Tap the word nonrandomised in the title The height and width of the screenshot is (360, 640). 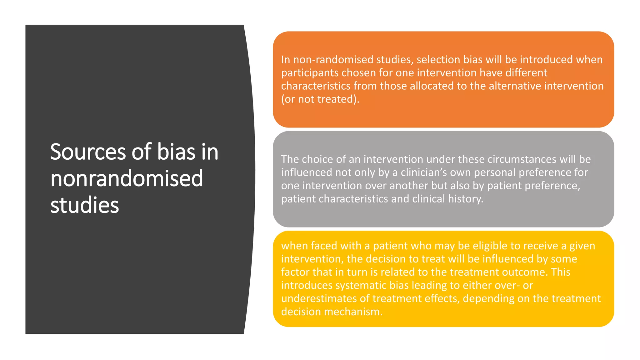pos(127,178)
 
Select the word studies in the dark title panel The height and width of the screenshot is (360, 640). pos(84,205)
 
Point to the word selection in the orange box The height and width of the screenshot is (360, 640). pos(438,59)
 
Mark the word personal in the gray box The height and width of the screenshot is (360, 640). pos(498,172)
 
